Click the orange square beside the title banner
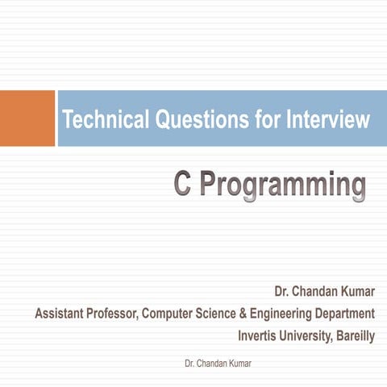pyautogui.click(x=27, y=119)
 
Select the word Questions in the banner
pyautogui.click(x=194, y=121)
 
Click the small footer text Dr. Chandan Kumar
pyautogui.click(x=218, y=364)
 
